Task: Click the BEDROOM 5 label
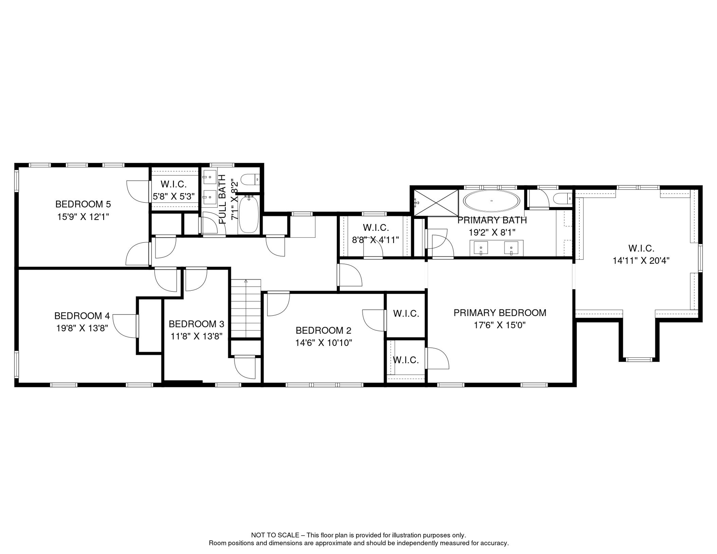(83, 204)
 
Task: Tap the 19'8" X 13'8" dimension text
(82, 328)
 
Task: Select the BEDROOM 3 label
(197, 324)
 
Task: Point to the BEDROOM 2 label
(324, 330)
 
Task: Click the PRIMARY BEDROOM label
(500, 313)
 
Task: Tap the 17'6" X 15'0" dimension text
(500, 325)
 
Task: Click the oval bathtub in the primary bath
(492, 201)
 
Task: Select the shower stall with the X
(436, 203)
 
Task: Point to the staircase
(246, 308)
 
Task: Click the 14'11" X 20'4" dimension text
(641, 260)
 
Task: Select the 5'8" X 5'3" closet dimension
(174, 197)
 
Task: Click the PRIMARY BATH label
(492, 220)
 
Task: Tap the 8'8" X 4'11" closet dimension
(375, 240)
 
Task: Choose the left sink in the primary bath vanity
(481, 248)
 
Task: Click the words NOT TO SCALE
(275, 535)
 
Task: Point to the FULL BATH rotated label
(223, 199)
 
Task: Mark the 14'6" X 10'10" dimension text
(324, 343)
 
